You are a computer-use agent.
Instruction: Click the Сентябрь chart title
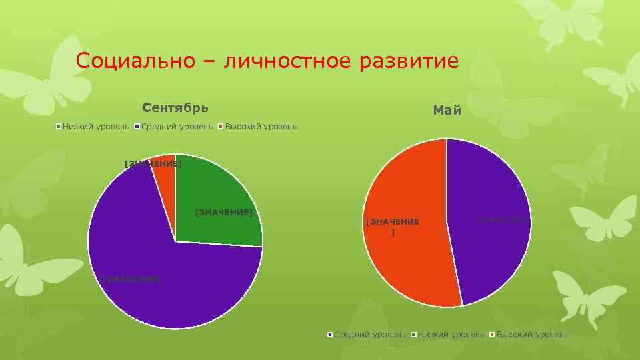(x=175, y=107)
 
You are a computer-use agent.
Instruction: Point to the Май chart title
(x=447, y=111)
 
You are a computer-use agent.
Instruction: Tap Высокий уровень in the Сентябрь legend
(x=261, y=127)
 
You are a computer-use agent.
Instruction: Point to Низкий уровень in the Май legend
(x=451, y=334)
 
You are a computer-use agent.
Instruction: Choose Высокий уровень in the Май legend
(x=532, y=334)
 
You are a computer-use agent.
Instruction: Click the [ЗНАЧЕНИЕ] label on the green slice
(x=224, y=213)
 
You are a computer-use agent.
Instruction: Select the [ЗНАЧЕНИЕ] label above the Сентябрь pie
(x=153, y=163)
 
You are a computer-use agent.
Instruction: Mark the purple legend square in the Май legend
(x=330, y=334)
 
